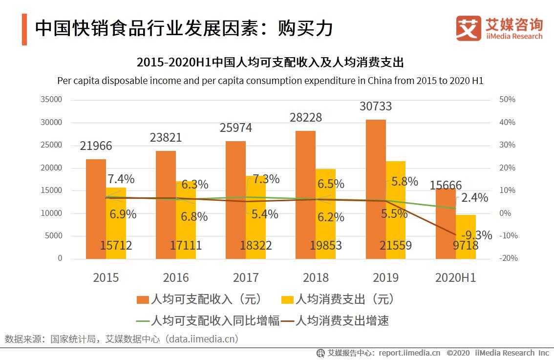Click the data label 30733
point(375,106)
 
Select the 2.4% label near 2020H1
point(474,198)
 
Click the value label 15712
point(116,245)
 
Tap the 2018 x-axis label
point(316,278)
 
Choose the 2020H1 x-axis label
point(455,278)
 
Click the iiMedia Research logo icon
point(468,28)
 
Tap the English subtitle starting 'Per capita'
point(270,81)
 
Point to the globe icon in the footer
point(320,353)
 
